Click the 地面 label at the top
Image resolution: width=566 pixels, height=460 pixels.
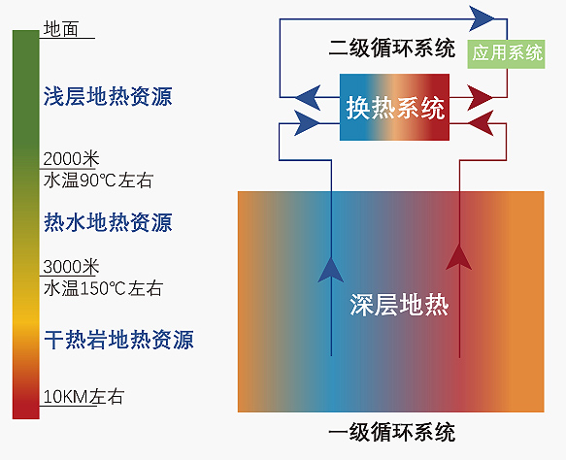tap(60, 29)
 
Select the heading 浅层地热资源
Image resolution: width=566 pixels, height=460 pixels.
tap(108, 96)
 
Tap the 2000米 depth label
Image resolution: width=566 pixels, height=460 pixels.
tap(71, 159)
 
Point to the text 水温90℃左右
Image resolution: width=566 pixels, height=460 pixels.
tap(98, 181)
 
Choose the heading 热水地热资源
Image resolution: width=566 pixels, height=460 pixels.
tap(108, 222)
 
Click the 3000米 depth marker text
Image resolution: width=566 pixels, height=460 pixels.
tap(71, 267)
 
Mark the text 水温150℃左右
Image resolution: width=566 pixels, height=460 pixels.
tap(103, 288)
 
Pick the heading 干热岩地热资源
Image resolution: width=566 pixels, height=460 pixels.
tap(118, 340)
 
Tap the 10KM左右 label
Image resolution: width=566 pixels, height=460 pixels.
tap(83, 397)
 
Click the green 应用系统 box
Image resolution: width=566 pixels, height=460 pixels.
tap(506, 54)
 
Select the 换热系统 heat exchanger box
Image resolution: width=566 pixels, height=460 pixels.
tap(394, 107)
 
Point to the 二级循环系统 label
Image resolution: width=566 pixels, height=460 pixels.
tap(391, 48)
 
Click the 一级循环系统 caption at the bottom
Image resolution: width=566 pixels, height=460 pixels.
tap(391, 432)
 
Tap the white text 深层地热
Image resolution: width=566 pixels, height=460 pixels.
tap(399, 305)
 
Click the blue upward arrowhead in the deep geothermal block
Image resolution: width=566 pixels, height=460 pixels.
tap(331, 269)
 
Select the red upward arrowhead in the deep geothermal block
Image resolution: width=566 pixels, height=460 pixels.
tap(459, 257)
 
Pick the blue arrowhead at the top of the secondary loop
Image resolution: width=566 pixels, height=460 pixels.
tap(482, 18)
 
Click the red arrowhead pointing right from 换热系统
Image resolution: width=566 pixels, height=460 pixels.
tap(480, 97)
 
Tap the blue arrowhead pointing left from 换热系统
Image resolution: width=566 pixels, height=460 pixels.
tap(308, 97)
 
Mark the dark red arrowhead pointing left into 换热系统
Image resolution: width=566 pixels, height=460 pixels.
tap(481, 123)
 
